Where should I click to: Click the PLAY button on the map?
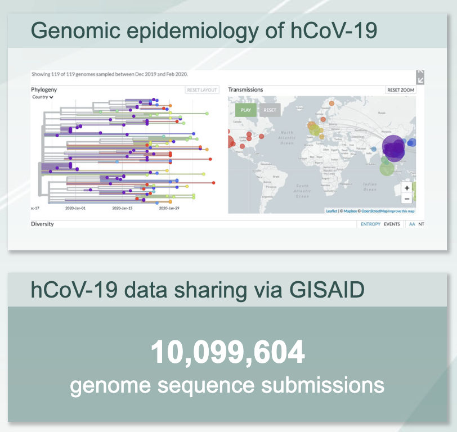(246, 110)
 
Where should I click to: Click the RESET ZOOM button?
(401, 90)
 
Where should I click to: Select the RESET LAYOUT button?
(201, 90)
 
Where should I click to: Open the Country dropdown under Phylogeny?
(43, 97)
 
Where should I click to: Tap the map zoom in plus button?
(407, 188)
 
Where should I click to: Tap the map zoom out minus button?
(407, 199)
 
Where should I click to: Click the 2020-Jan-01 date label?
(75, 208)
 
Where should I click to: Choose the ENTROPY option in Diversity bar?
(370, 224)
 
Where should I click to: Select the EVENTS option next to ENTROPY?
(392, 224)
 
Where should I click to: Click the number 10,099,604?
(227, 353)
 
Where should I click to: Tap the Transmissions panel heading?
(245, 89)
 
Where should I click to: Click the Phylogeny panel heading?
(44, 89)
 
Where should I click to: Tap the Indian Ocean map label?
(370, 186)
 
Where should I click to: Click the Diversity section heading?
(42, 224)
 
